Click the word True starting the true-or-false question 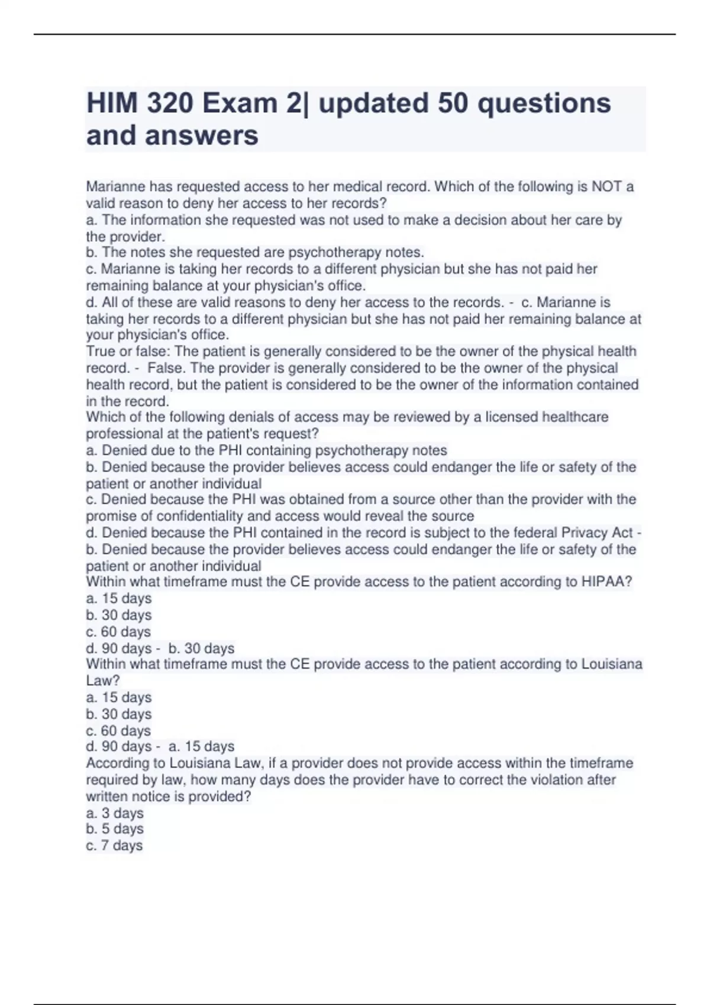[x=101, y=352]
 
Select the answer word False [x=164, y=368]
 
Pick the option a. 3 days [x=115, y=813]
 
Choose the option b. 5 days [x=115, y=829]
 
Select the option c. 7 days [x=115, y=845]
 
